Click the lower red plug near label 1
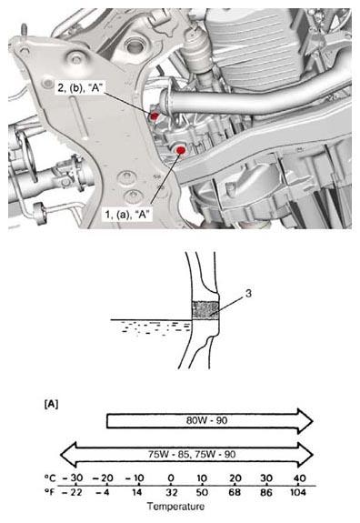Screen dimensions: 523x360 [x=181, y=148]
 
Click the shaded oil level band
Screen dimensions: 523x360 [x=205, y=311]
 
